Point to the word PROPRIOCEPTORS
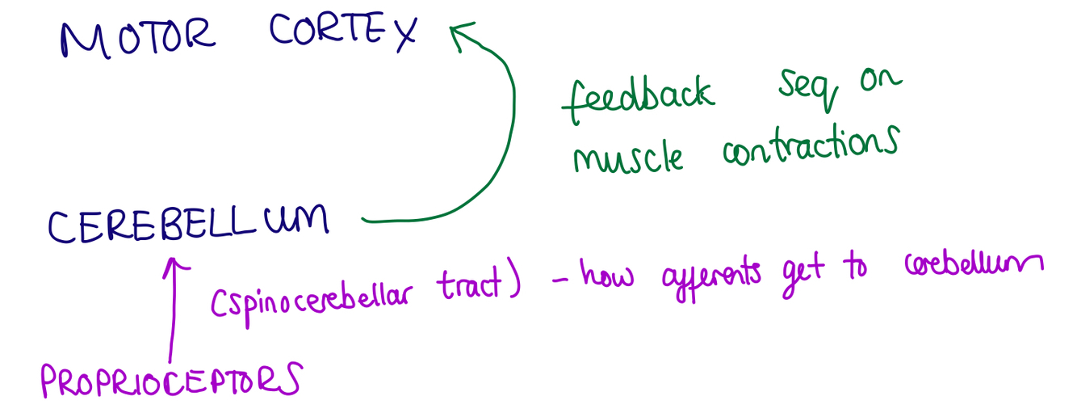(170, 380)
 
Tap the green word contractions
(810, 146)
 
